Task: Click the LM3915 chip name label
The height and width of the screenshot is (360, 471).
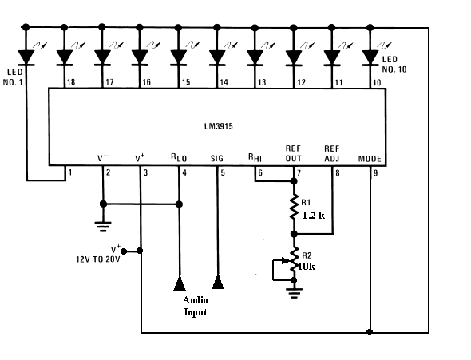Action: (x=219, y=126)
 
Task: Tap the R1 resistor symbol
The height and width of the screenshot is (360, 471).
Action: (x=294, y=207)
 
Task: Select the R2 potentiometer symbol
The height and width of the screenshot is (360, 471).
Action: (x=293, y=260)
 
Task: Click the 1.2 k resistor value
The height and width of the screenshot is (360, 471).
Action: (x=313, y=215)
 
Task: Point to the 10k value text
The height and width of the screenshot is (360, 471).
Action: (x=307, y=267)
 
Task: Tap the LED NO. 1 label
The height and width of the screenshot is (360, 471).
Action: (x=13, y=77)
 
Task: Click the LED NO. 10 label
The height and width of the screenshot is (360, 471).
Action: (x=394, y=64)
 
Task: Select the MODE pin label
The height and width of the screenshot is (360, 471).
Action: (x=370, y=159)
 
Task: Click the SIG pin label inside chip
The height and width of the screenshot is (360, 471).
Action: (x=217, y=158)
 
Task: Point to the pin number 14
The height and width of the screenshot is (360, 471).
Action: (x=224, y=82)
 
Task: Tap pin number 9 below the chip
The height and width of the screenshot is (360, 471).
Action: (x=375, y=173)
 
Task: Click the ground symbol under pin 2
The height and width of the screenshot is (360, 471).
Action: (x=103, y=227)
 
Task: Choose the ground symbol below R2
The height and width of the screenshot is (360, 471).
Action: (x=294, y=293)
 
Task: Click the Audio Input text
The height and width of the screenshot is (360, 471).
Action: (x=196, y=306)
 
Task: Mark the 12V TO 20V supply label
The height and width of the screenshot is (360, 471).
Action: (x=98, y=259)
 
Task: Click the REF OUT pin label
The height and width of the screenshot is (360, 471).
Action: (x=293, y=153)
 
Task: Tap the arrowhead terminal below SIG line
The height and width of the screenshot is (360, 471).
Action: (x=218, y=283)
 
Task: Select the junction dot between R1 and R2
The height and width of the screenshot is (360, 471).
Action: (x=294, y=234)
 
